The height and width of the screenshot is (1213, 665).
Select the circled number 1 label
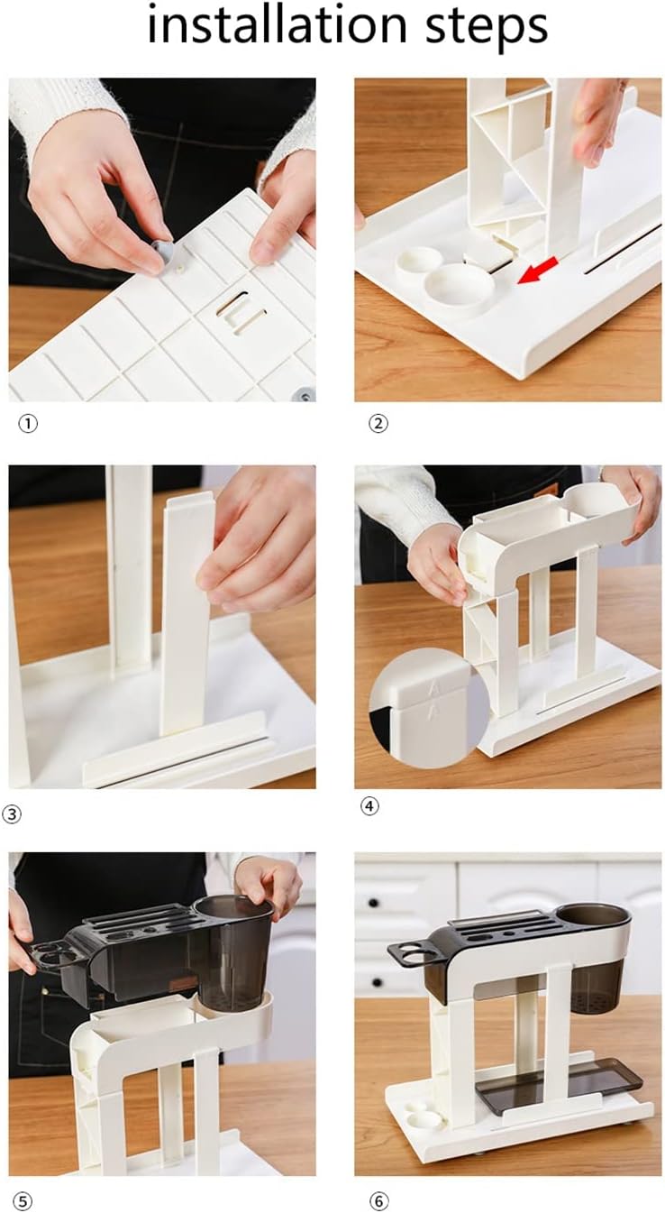coord(28,423)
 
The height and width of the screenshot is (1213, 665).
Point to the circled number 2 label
coord(378,423)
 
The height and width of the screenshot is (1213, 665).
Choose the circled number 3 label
coord(12,813)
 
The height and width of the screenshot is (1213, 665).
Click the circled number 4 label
coord(369,806)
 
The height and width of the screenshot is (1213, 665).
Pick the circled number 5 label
coord(23,1200)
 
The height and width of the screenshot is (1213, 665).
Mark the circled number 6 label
coord(378,1200)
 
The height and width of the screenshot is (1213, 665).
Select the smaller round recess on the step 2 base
coord(419,262)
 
